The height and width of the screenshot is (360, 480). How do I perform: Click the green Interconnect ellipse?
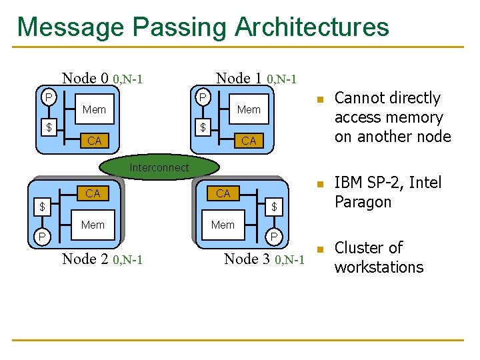point(159,168)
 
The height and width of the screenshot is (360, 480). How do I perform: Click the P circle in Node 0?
point(48,98)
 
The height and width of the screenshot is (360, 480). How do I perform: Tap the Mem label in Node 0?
point(94,109)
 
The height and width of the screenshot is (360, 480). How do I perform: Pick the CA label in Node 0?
point(94,141)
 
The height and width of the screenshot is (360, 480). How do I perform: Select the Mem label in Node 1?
point(249,109)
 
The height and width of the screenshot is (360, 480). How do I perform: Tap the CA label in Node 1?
point(249,141)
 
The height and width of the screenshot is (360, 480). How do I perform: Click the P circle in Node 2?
point(41,237)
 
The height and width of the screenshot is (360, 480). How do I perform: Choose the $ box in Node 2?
point(41,207)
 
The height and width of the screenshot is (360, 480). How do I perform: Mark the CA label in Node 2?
point(93,193)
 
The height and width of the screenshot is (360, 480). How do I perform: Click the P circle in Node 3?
point(273,237)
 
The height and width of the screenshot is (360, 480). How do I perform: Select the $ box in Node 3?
point(273,207)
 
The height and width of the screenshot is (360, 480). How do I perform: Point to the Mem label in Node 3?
point(223,225)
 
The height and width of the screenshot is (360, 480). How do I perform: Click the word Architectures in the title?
point(311,27)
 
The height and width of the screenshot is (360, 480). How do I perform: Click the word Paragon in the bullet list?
point(363,202)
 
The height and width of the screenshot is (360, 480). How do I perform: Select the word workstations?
point(379,267)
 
